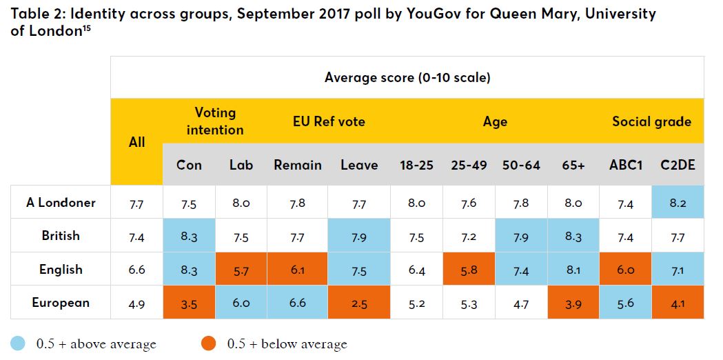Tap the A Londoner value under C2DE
[678, 203]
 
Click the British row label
[61, 236]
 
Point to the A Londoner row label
[61, 203]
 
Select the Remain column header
[298, 165]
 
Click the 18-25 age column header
[417, 165]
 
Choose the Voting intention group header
[215, 121]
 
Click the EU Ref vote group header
[329, 121]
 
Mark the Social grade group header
[651, 121]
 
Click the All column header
[137, 141]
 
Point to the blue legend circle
[18, 343]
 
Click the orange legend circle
[209, 343]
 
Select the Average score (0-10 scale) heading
[407, 77]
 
